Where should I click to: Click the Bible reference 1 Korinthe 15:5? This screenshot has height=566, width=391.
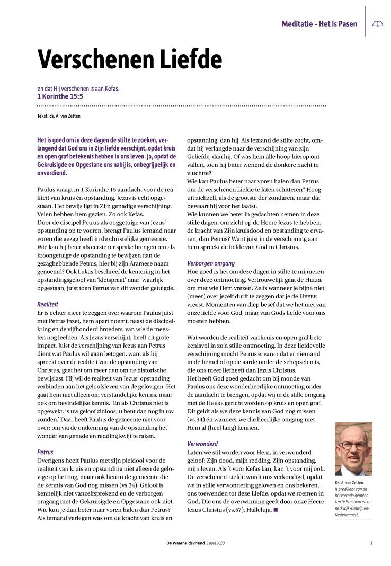click(60, 96)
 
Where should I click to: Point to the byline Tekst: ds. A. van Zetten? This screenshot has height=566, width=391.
click(59, 116)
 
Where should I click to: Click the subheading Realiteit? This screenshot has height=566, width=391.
click(48, 305)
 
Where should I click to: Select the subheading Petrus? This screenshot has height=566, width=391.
click(45, 453)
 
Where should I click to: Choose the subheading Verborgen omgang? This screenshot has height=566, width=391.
click(211, 263)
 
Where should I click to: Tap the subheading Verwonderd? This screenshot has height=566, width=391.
click(202, 443)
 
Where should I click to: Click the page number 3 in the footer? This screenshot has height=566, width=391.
click(371, 543)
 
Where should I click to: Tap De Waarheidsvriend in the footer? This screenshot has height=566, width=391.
click(185, 543)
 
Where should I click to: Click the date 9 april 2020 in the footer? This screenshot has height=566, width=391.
click(215, 543)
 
